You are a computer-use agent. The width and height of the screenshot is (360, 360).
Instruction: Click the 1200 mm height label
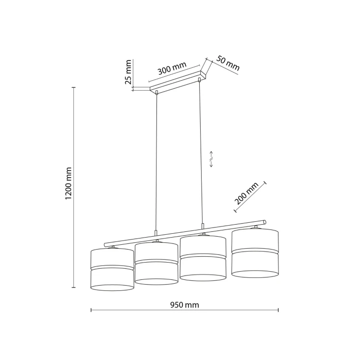click(69, 183)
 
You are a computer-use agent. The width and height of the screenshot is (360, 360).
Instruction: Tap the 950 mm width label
click(185, 305)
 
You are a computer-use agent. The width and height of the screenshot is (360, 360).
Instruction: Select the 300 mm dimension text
click(172, 68)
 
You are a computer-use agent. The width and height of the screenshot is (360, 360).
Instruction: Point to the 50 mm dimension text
click(228, 63)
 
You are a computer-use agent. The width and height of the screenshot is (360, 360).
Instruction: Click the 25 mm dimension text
click(128, 72)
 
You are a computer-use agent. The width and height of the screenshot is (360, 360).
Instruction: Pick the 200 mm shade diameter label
click(246, 193)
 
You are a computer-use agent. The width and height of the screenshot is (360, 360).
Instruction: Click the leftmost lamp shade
click(112, 270)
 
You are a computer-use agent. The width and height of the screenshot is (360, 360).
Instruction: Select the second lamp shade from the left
click(156, 264)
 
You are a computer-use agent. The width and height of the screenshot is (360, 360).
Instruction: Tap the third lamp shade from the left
click(203, 258)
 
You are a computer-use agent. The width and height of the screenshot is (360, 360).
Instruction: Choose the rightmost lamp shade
click(255, 253)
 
